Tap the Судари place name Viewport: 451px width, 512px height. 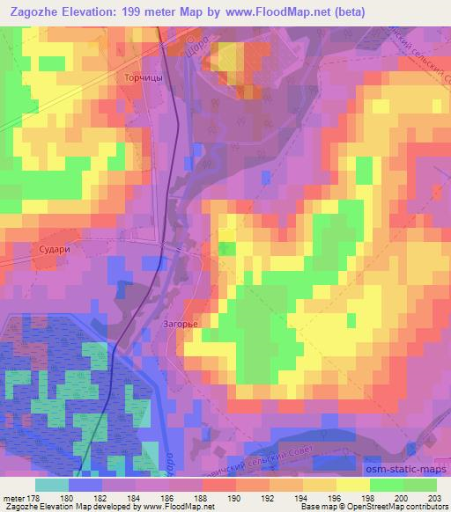click(x=49, y=249)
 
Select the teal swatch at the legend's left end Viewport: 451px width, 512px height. click(x=52, y=484)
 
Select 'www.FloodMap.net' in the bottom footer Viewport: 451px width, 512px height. click(x=177, y=507)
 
